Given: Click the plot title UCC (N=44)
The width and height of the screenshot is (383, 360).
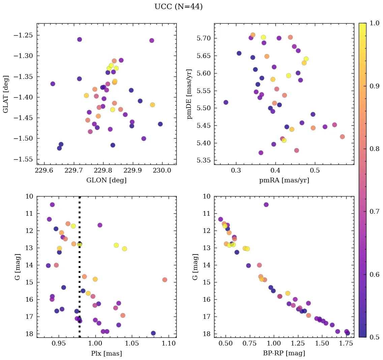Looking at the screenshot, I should [178, 7].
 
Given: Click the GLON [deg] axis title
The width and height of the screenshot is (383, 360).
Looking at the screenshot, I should [106, 180].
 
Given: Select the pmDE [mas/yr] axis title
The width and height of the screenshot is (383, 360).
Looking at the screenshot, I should [189, 94].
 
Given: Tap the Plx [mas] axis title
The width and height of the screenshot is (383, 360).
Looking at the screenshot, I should [106, 353].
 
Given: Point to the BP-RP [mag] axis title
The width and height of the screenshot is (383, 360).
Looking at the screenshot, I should [284, 353].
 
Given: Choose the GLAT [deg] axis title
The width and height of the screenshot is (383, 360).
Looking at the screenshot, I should [6, 94].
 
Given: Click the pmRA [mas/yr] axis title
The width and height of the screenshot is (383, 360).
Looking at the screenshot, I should [284, 180].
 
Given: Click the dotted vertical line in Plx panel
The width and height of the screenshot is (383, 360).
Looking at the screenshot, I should [80, 270].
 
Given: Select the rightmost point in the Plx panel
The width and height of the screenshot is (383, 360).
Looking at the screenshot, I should [165, 280].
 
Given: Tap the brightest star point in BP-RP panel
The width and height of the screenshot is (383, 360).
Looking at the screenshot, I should [266, 205].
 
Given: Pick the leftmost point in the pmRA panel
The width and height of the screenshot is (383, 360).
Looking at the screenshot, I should [226, 102].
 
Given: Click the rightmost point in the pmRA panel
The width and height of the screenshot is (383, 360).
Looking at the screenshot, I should [342, 137].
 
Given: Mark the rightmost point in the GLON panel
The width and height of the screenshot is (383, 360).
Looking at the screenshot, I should [160, 124].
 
